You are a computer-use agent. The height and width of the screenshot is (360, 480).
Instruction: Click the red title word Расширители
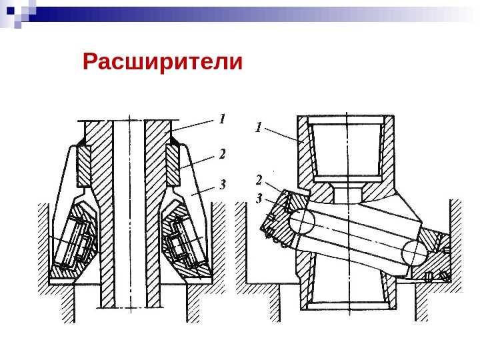163,62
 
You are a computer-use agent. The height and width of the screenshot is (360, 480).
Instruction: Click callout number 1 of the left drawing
223,119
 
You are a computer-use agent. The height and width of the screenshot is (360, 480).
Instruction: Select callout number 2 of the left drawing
223,154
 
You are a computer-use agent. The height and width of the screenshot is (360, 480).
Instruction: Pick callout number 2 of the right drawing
259,179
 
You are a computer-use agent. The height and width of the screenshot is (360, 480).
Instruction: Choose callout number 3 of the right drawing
259,197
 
